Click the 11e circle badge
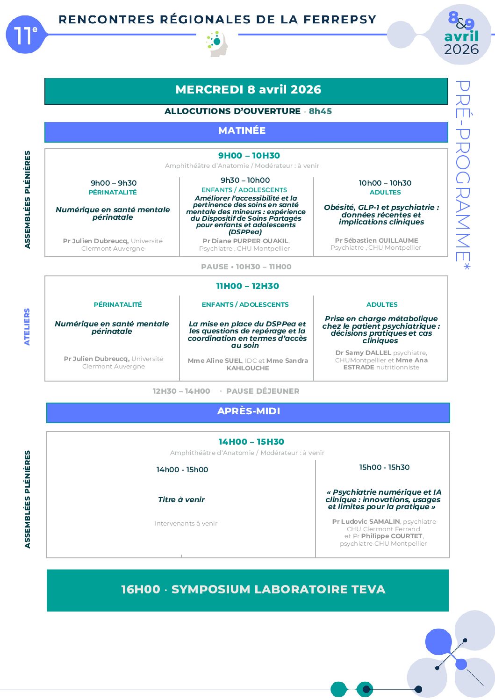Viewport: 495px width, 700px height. click(25, 35)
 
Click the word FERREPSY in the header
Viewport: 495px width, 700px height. click(340, 20)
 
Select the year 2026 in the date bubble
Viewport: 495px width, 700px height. click(461, 50)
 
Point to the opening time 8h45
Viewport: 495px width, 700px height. click(320, 111)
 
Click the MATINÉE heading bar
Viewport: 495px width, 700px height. click(246, 131)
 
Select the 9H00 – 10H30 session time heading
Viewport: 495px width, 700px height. click(249, 156)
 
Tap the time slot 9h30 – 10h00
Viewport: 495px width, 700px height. click(245, 180)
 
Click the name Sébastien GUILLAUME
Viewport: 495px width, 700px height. click(381, 240)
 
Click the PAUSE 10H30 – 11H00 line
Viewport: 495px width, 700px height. click(246, 267)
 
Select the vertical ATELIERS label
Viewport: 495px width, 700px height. click(27, 326)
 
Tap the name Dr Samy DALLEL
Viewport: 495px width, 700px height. click(363, 353)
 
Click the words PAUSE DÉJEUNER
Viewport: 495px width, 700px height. click(263, 391)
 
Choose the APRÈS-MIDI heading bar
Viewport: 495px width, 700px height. click(248, 412)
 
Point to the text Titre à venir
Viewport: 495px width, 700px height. click(181, 499)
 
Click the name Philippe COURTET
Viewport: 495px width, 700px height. click(391, 536)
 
